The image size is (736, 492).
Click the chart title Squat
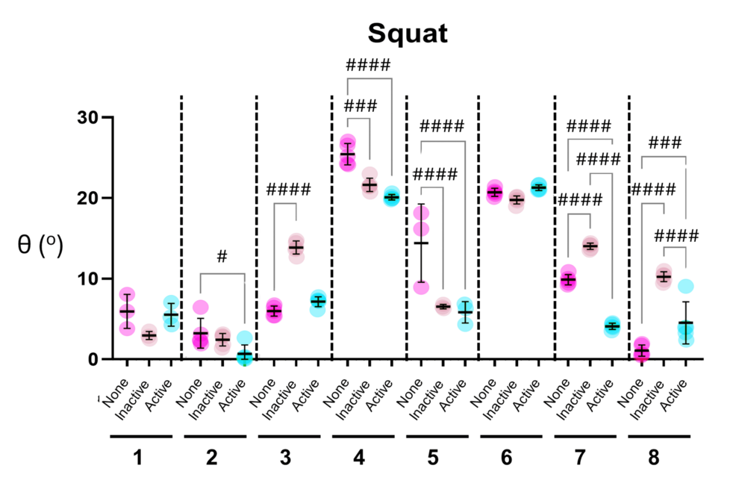pyautogui.click(x=407, y=34)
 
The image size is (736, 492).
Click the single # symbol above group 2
pyautogui.click(x=222, y=257)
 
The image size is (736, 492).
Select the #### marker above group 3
pyautogui.click(x=288, y=188)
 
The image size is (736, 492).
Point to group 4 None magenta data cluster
pyautogui.click(x=348, y=152)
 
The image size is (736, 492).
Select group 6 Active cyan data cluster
pyautogui.click(x=538, y=187)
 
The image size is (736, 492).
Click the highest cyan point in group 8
pyautogui.click(x=686, y=287)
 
